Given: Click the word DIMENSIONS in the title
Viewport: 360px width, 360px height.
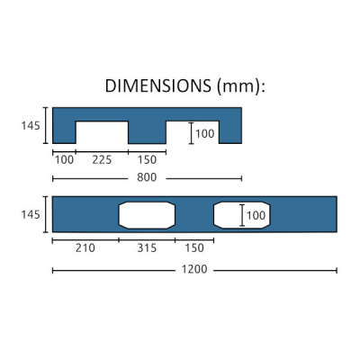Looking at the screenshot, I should point(157,87).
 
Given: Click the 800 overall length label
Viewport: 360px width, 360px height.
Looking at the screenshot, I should point(146,178).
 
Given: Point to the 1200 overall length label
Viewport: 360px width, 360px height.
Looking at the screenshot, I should point(193,270).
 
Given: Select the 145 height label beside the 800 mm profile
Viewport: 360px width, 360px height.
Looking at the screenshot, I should point(31,126).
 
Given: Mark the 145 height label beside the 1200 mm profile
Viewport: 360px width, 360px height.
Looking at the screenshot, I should point(31,215).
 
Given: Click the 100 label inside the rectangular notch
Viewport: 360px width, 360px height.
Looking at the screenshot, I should point(204,133).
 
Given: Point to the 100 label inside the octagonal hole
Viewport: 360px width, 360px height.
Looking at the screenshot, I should point(256,216).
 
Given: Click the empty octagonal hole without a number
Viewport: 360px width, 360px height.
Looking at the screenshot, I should point(147,215).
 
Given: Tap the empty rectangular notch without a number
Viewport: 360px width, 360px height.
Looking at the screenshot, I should point(101,132).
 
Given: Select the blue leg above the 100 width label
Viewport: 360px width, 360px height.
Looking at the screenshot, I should point(63,130).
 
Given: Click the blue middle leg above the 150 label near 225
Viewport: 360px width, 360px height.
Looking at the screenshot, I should point(147,130).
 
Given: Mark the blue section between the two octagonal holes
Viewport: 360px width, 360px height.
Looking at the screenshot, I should point(193,215).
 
